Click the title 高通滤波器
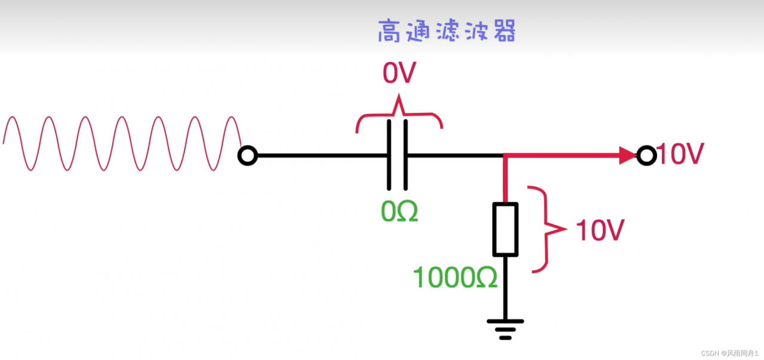[x=446, y=32]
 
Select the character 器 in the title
[x=503, y=32]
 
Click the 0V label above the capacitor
[x=399, y=74]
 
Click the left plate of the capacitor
[x=390, y=155]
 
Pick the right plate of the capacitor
[x=405, y=155]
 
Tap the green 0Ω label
[x=399, y=211]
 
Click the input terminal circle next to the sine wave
[x=247, y=156]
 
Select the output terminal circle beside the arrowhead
[x=646, y=156]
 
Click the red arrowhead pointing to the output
[x=628, y=156]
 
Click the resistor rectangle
[x=505, y=229]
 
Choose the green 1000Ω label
[x=455, y=277]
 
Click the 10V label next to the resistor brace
[x=600, y=230]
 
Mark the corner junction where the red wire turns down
[x=505, y=156]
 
